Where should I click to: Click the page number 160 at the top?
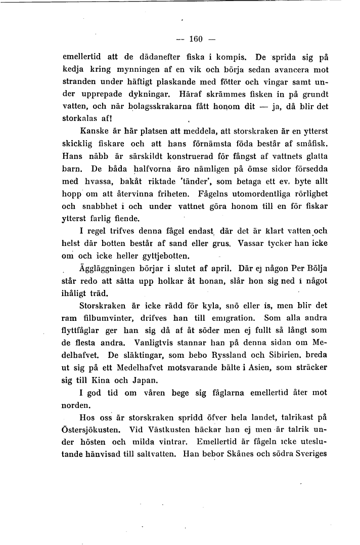[x=195, y=38]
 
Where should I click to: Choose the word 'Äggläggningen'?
[x=107, y=268]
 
